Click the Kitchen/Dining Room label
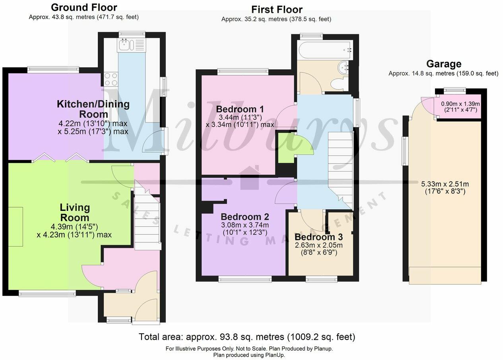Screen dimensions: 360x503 click(93, 109)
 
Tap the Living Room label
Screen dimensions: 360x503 click(75, 212)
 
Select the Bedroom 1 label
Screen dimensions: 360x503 click(240, 109)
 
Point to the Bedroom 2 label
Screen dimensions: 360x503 click(245, 217)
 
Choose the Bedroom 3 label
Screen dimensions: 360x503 click(319, 237)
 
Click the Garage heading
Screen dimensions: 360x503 click(443, 64)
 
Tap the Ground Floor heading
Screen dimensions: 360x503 click(84, 7)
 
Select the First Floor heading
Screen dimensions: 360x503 click(277, 9)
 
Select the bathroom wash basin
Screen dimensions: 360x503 click(343, 69)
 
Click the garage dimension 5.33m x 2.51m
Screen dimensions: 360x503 click(445, 187)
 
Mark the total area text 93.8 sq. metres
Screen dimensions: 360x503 click(247, 337)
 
